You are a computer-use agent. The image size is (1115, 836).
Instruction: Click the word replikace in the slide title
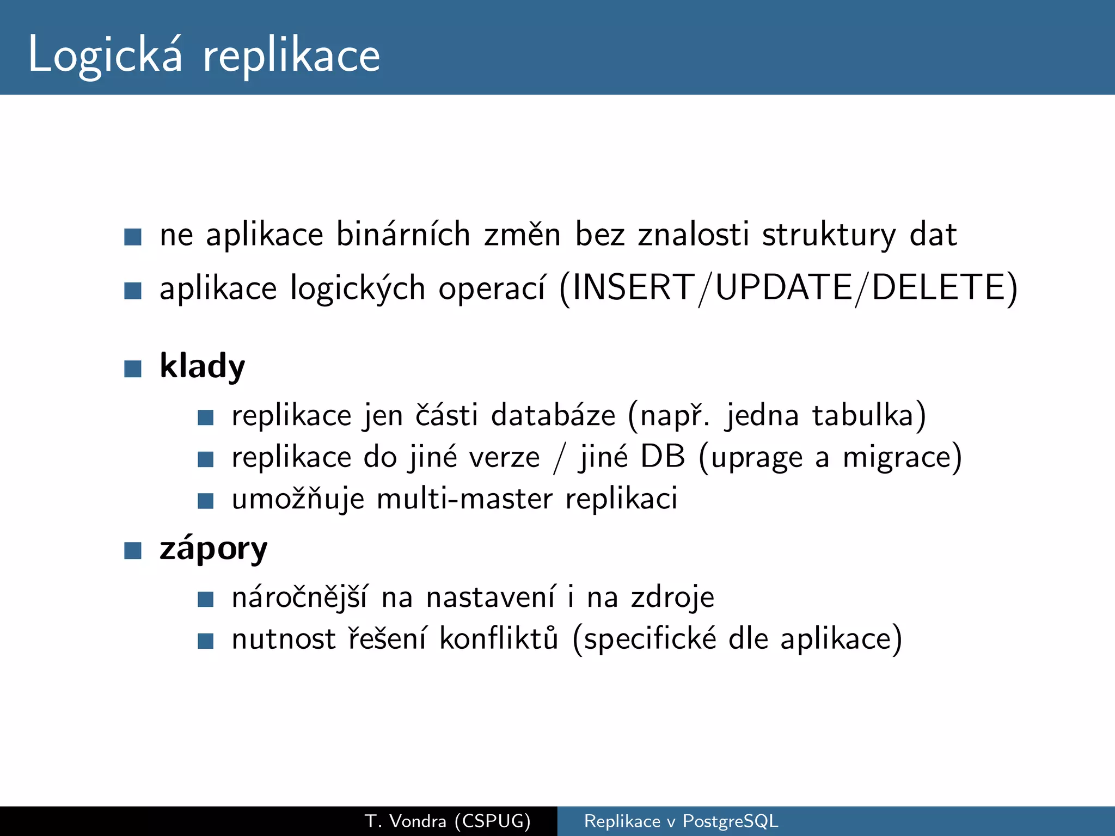[291, 57]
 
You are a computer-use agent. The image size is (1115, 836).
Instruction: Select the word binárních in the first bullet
[403, 235]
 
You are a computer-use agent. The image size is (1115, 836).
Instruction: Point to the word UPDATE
[783, 287]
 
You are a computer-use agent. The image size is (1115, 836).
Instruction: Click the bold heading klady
[202, 366]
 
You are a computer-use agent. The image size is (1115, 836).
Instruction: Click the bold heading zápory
[213, 548]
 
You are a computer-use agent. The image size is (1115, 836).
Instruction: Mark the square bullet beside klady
[133, 368]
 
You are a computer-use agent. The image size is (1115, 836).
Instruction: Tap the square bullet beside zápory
[133, 550]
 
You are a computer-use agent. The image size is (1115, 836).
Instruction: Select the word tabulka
[862, 415]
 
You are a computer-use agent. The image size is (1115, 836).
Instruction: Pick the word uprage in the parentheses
[757, 457]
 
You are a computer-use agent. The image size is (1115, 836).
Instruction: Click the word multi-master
[464, 499]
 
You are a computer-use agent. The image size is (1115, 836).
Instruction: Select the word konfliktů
[499, 638]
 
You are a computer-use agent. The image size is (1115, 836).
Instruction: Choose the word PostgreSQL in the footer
[730, 821]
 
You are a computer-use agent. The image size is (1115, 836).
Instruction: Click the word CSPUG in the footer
[493, 821]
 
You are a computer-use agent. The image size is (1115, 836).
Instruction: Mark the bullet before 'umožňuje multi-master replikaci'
[205, 501]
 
